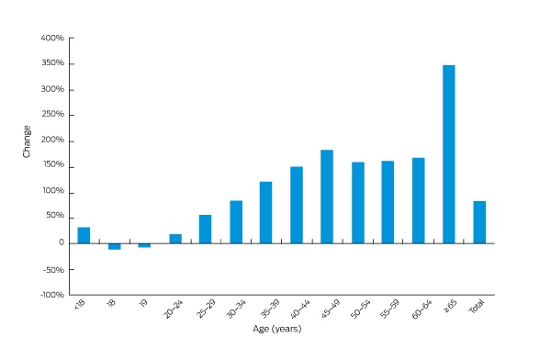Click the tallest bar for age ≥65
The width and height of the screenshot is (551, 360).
449,154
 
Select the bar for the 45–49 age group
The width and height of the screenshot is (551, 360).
327,197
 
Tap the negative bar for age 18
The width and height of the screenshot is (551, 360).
115,246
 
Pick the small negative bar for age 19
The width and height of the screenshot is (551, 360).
144,245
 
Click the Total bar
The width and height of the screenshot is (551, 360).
479,222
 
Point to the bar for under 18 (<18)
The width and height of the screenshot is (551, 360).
84,235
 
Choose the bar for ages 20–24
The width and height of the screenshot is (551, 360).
175,239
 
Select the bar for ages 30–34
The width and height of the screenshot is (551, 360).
236,222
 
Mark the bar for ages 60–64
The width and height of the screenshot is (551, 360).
419,200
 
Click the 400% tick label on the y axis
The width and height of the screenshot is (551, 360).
52,38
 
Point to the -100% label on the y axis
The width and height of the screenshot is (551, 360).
52,295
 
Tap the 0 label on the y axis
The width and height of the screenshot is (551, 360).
62,242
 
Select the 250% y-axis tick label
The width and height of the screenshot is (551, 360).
52,114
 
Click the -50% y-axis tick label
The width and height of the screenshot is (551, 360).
54,270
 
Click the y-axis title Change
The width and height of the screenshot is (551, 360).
27,141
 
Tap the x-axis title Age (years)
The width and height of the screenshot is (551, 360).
277,329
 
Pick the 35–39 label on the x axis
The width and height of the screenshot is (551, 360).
269,309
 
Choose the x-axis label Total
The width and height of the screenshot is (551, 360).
477,306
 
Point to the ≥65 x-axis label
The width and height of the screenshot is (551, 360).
450,306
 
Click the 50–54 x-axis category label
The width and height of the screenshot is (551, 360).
361,309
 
